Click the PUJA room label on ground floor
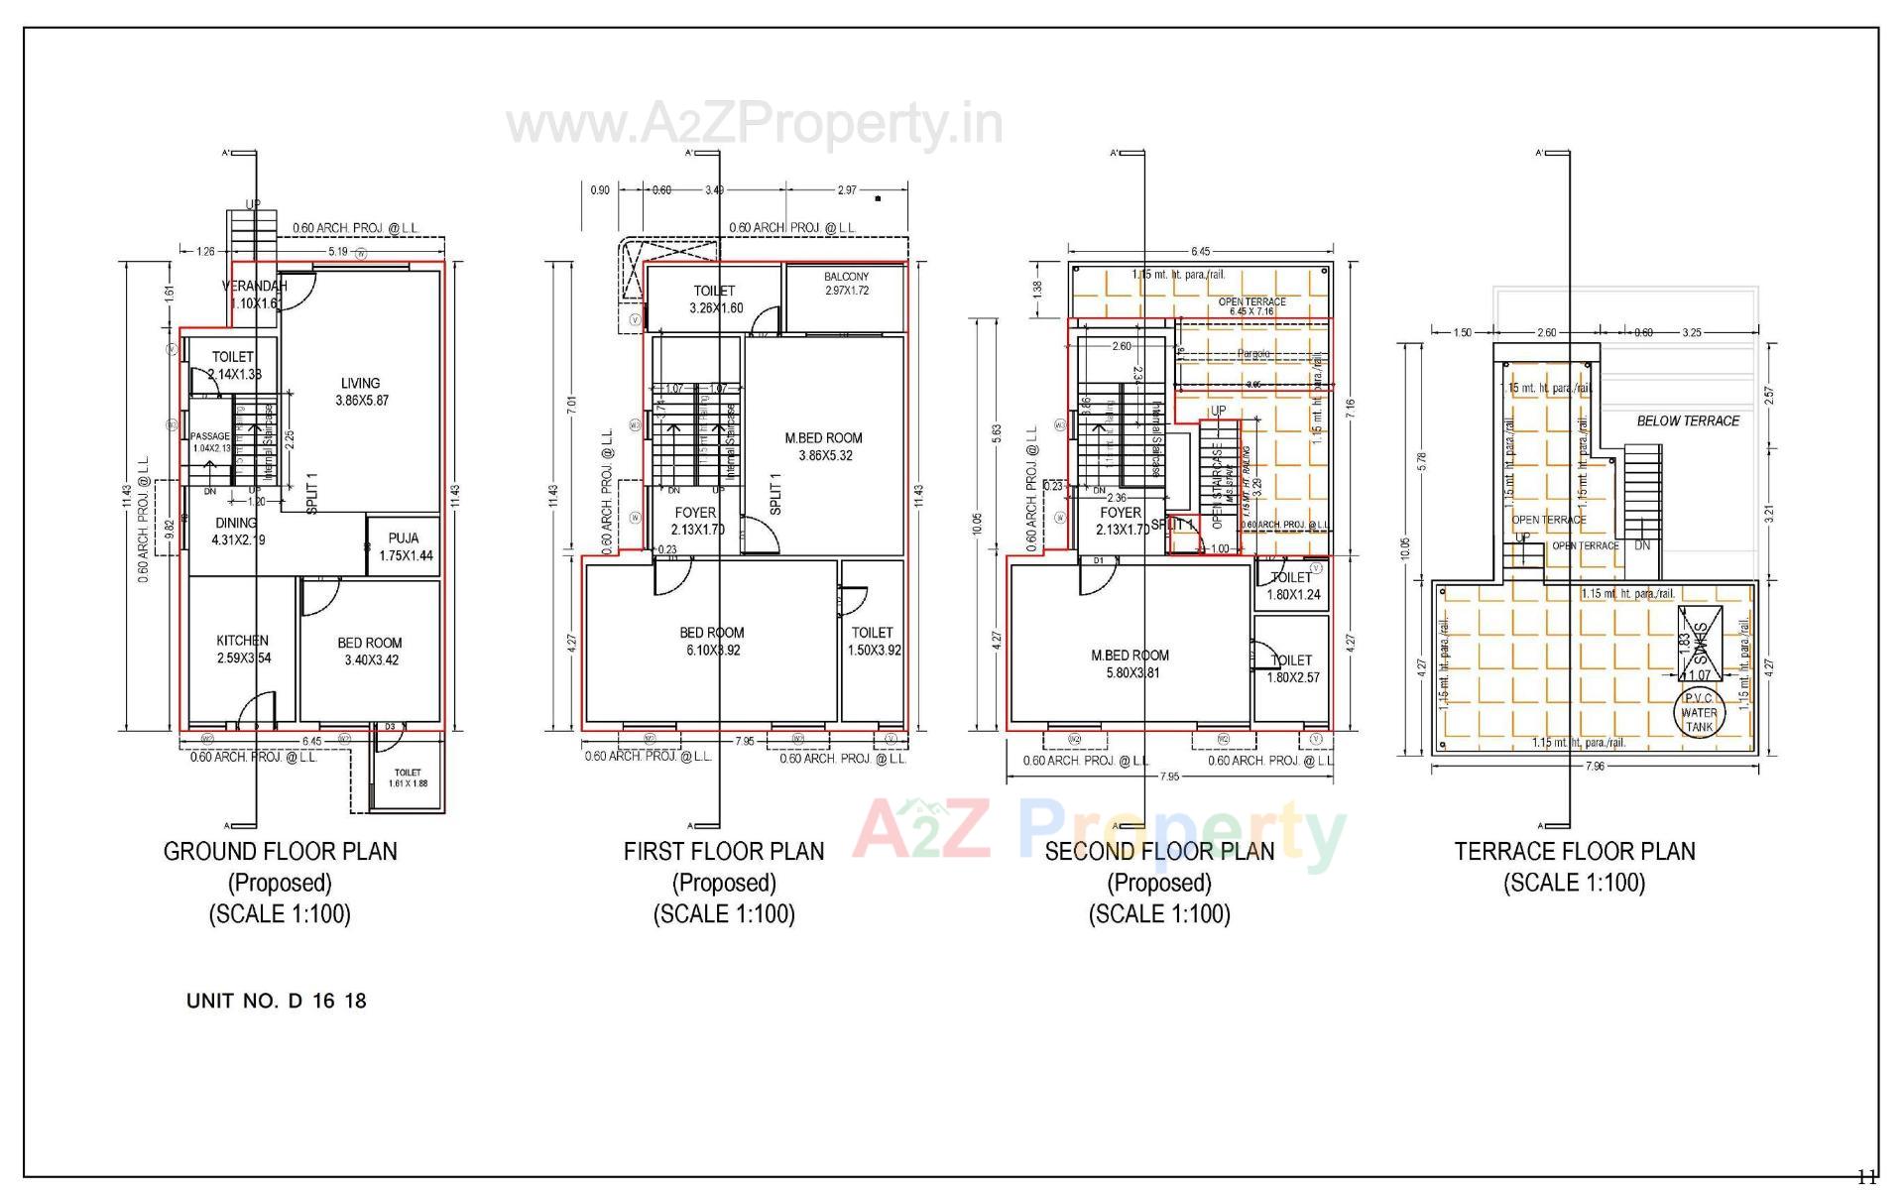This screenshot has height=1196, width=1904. coord(404,538)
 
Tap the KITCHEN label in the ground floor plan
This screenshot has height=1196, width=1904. coord(242,641)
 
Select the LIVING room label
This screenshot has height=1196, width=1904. coord(360,384)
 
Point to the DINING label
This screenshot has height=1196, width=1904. coord(236,523)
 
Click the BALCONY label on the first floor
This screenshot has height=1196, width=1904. coord(846,277)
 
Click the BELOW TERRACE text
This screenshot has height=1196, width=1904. coord(1688,420)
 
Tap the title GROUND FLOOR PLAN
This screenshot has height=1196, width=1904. coord(280,851)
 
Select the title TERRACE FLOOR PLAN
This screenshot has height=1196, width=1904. coord(1575,851)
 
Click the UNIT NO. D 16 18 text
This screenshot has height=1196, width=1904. coord(277,1001)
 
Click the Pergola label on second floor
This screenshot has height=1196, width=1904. coord(1252,354)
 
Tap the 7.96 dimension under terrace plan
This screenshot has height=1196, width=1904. coord(1595,766)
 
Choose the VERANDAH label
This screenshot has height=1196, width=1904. coord(254,287)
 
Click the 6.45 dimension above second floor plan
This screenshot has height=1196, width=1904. coord(1200,252)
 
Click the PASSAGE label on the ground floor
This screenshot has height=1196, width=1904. coord(209,436)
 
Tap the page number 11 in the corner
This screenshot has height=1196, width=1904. coord(1866,1178)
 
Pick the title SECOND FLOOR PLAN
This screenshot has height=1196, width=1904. coord(1159,851)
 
